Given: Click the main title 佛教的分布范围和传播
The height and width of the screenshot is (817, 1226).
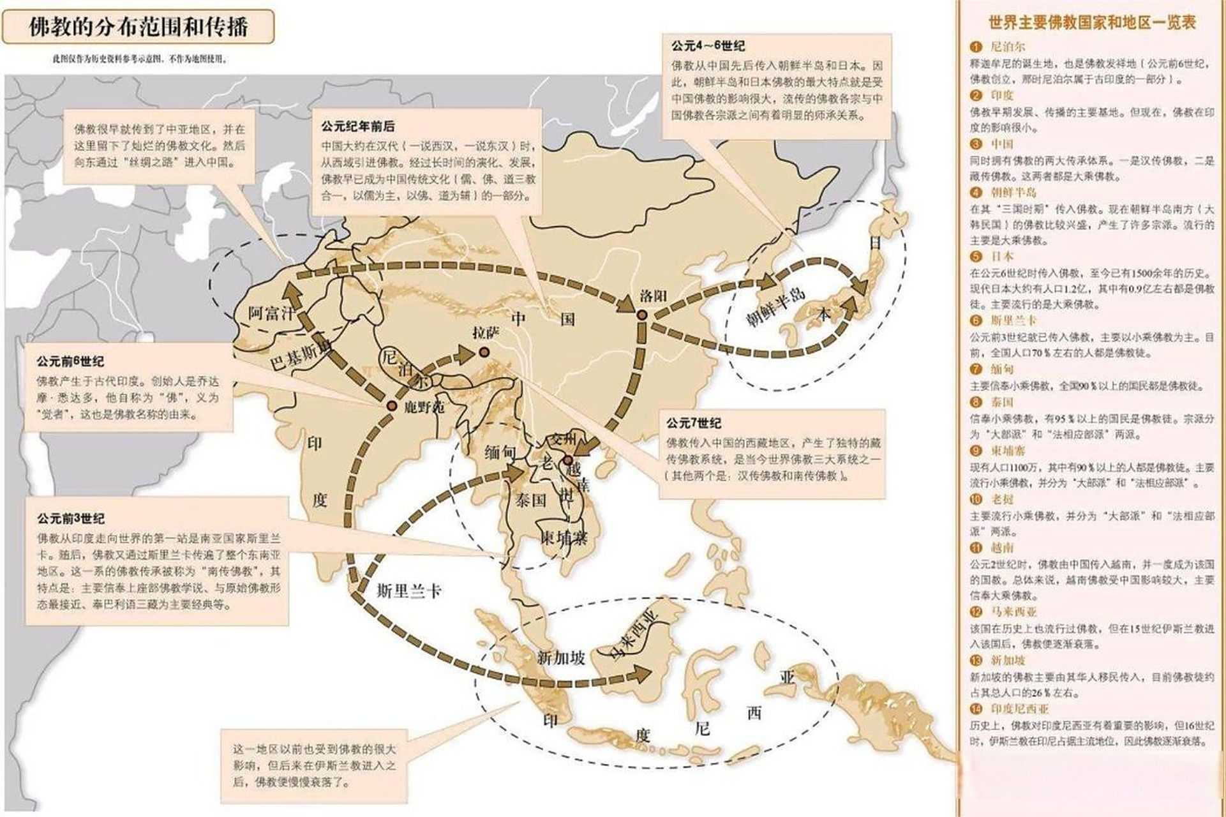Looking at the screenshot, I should [138, 27].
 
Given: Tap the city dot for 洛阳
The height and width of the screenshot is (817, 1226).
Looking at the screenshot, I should [642, 315].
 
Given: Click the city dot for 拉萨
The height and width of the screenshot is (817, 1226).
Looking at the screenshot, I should [484, 352].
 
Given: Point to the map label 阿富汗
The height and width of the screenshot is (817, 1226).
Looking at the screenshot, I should [273, 313].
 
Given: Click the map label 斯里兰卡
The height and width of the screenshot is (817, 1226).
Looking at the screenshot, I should [409, 590].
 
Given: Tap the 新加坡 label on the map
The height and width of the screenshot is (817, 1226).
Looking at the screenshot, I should [561, 657].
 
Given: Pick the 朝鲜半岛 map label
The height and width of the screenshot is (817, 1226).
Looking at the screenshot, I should [775, 308].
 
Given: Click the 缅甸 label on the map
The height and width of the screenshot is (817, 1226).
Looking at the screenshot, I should [500, 453].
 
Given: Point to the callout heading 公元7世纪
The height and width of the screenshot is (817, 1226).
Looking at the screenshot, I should [694, 423].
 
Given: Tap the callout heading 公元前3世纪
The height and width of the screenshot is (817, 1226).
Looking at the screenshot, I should [71, 518].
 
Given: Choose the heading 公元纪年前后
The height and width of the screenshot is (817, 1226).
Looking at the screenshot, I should [357, 126].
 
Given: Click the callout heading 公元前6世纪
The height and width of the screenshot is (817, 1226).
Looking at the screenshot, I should [70, 361].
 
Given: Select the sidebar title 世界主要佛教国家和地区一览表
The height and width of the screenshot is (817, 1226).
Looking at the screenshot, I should [1092, 23].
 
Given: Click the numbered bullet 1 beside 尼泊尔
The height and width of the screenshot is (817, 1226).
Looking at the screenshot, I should [975, 47].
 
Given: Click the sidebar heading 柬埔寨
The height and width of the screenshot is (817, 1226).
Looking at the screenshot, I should [1008, 451].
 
